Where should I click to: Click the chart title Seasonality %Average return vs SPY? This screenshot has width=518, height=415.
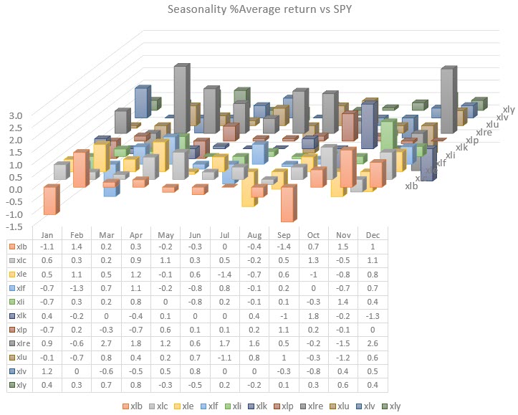[x=258, y=10]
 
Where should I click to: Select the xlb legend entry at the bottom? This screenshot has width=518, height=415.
[x=133, y=406]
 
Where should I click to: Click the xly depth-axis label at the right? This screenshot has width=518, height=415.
[x=508, y=109]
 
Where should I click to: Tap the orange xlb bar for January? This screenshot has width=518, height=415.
[x=51, y=200]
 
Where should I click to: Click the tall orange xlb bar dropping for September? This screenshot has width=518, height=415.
[x=288, y=205]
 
